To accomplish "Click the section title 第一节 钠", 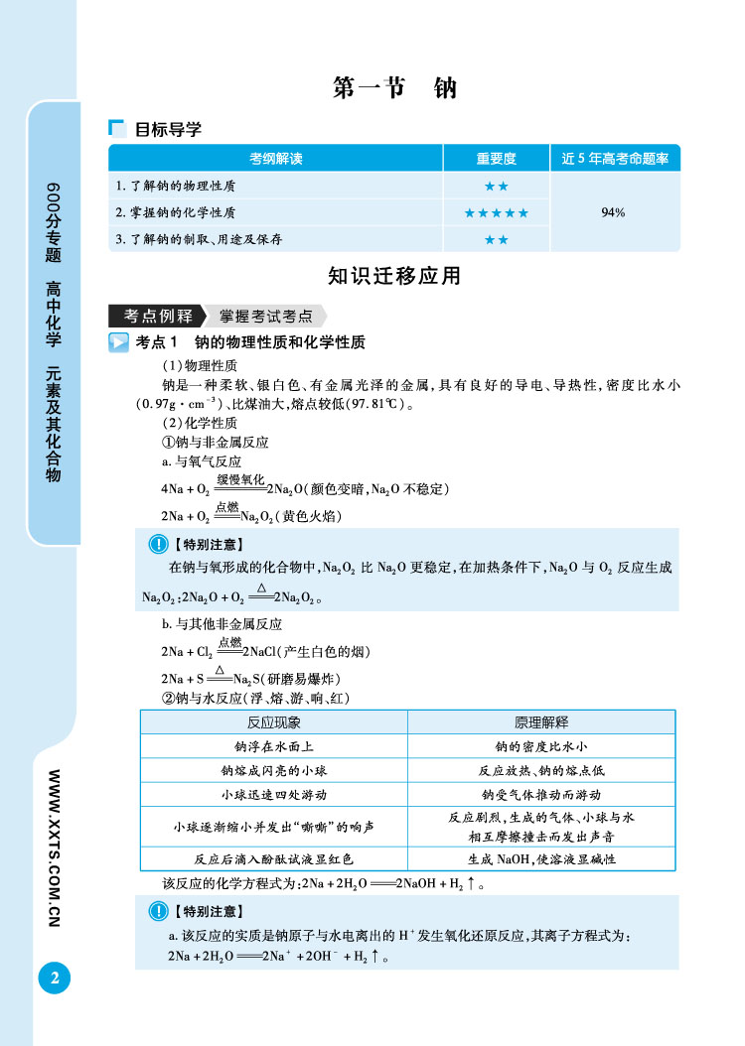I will (394, 88).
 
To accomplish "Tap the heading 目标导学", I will (168, 129).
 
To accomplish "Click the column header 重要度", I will (496, 159).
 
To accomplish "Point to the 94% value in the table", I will (613, 212).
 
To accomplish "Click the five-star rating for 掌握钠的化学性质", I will (496, 212).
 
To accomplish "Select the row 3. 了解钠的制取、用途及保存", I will (200, 239).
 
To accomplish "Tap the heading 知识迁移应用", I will (394, 276).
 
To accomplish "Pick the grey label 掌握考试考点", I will (266, 317).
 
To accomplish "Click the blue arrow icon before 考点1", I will (119, 342).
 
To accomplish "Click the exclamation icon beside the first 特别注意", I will (157, 544).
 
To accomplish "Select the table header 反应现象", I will (273, 722).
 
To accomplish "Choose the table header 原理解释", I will (541, 722).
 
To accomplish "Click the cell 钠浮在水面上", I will (273, 746).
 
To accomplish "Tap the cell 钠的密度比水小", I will (541, 746).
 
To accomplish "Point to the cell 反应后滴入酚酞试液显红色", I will (273, 858).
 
